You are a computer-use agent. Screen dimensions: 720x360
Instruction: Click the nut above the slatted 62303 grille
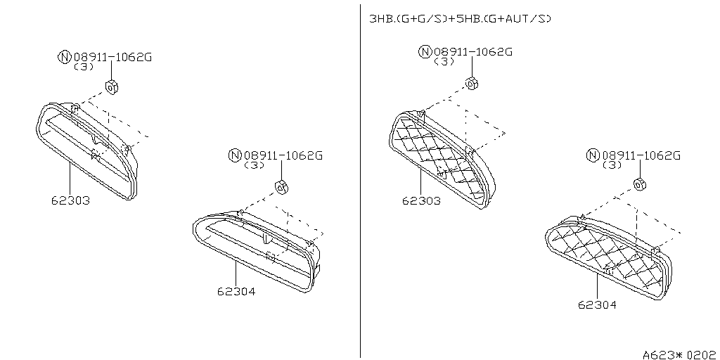pos(112,86)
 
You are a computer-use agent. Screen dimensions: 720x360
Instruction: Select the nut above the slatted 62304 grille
pos(281,187)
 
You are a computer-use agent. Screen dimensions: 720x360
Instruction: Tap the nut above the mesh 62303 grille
pos(472,84)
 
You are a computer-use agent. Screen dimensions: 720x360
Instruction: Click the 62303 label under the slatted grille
pos(70,200)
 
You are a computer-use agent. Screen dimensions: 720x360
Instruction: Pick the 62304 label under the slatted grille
pos(236,291)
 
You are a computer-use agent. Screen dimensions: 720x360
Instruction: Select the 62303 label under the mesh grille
pos(421,200)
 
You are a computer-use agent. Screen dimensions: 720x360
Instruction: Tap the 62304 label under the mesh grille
pos(597,304)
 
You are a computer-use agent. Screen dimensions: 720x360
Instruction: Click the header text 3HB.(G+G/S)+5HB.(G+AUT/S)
pos(460,19)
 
